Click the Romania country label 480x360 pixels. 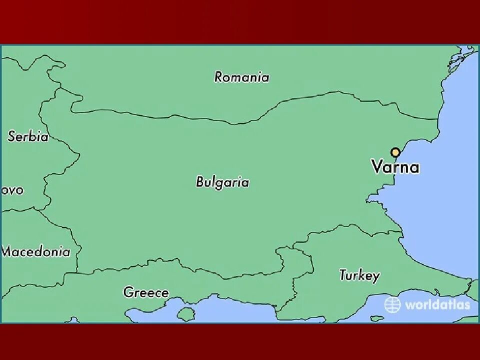[241, 77]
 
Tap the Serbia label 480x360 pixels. [28, 136]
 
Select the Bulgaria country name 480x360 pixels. [222, 182]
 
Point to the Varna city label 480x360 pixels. [395, 167]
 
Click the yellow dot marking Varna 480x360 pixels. [395, 152]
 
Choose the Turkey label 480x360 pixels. [359, 275]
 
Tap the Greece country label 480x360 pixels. [146, 292]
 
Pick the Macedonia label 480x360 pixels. [36, 251]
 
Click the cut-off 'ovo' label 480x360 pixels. [12, 190]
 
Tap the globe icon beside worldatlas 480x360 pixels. [392, 304]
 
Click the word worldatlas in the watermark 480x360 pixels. [437, 304]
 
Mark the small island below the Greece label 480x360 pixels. [186, 314]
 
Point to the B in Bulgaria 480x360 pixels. [200, 182]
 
